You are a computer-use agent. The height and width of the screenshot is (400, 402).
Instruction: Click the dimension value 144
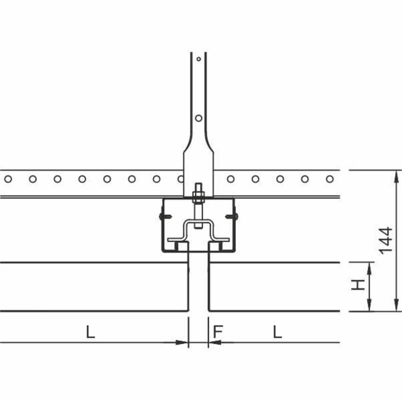click(386, 240)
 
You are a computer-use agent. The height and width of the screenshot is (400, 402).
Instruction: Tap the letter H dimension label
click(358, 285)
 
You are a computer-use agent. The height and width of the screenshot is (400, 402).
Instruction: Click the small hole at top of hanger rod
click(198, 59)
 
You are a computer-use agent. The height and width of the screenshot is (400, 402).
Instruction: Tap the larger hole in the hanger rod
click(198, 118)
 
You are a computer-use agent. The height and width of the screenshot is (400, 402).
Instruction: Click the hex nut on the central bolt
click(198, 196)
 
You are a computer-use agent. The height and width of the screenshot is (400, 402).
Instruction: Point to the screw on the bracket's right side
click(232, 217)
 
